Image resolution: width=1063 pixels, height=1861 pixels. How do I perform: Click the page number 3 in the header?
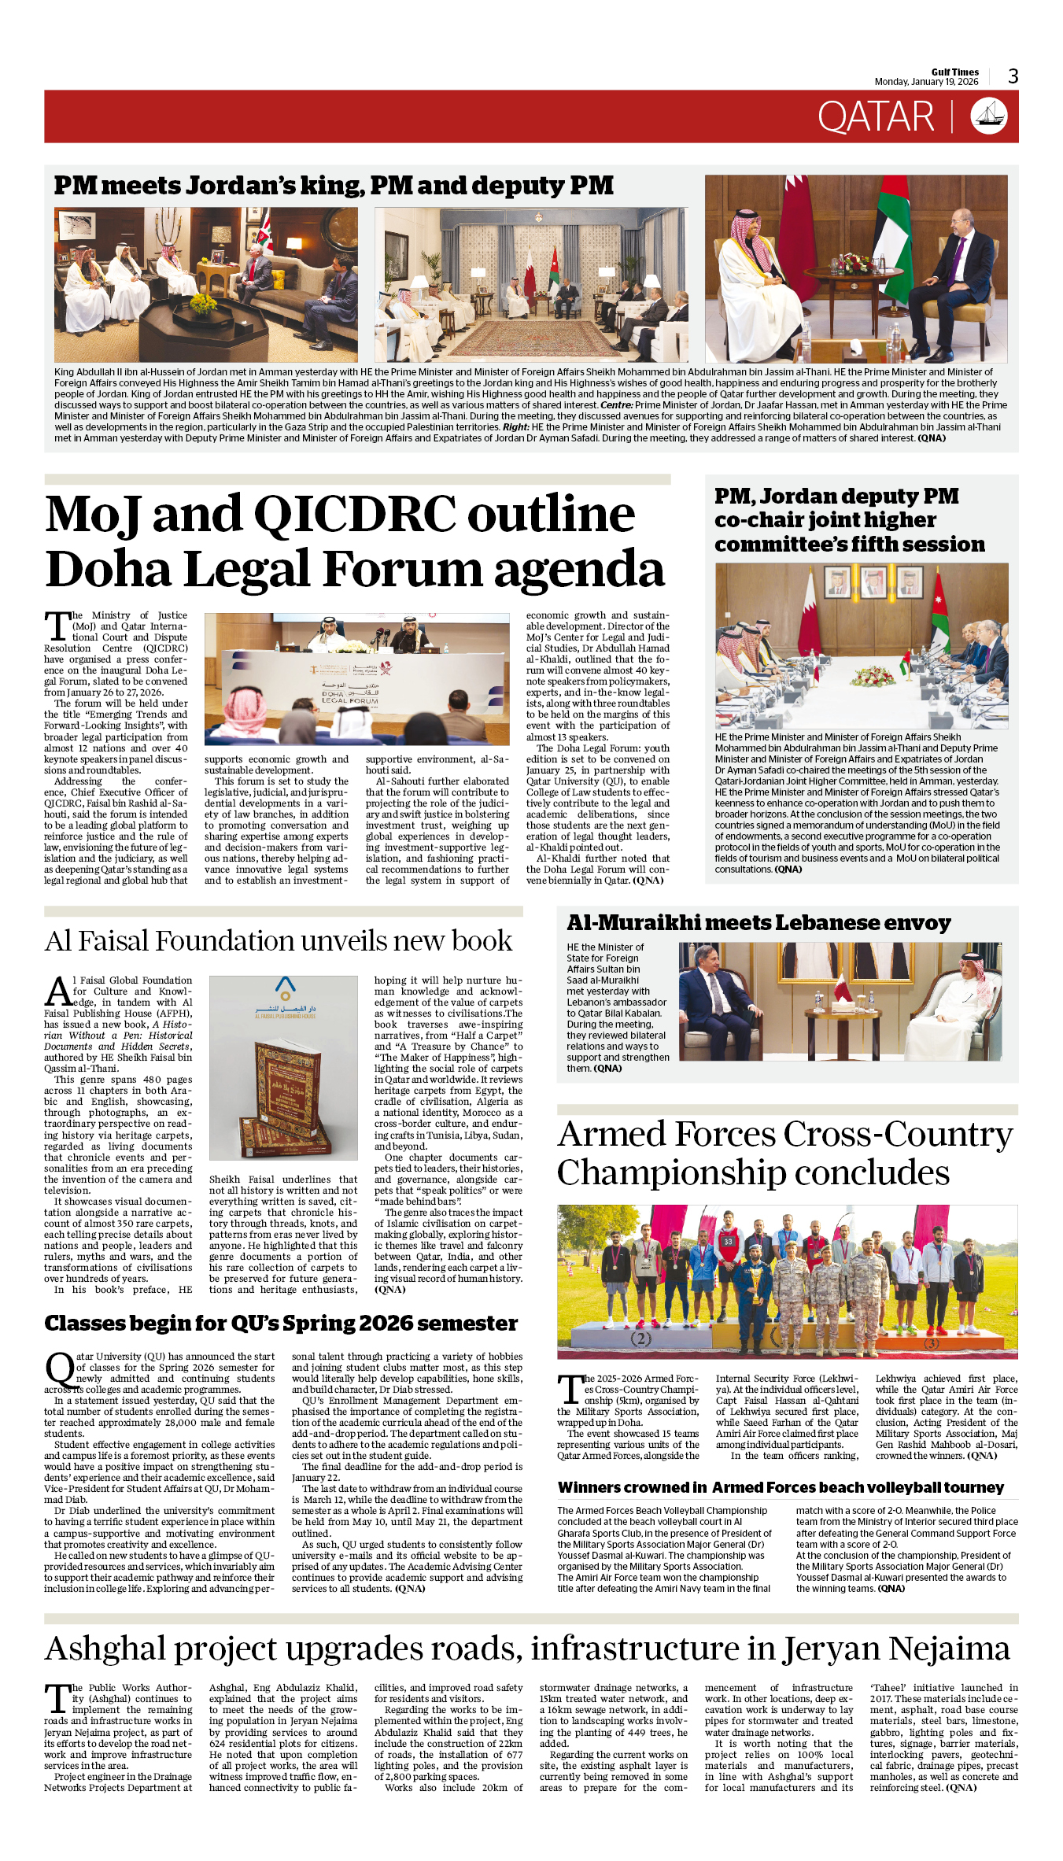click(x=1013, y=76)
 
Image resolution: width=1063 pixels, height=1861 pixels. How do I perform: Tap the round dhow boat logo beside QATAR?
click(x=988, y=116)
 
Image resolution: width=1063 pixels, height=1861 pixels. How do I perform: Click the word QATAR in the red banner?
click(x=875, y=117)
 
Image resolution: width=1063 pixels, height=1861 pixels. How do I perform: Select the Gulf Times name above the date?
click(x=954, y=72)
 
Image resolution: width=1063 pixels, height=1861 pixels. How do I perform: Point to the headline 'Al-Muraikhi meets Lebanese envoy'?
click(x=758, y=922)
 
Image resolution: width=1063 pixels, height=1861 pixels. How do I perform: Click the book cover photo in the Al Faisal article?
click(x=284, y=1068)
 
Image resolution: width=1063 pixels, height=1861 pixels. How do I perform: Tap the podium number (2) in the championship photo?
click(x=640, y=1339)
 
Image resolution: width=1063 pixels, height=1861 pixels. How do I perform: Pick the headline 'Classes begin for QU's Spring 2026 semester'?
click(x=281, y=1324)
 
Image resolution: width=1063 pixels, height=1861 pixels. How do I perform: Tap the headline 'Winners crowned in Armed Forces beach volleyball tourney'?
click(x=781, y=1487)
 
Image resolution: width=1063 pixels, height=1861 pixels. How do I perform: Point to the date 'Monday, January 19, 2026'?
click(x=926, y=82)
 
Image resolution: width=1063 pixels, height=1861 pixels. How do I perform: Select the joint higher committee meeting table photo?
click(x=862, y=646)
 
